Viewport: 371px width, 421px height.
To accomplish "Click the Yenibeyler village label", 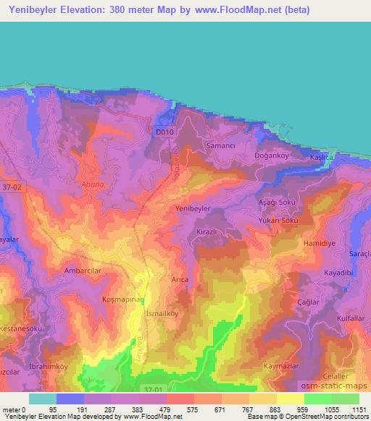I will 193,208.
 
